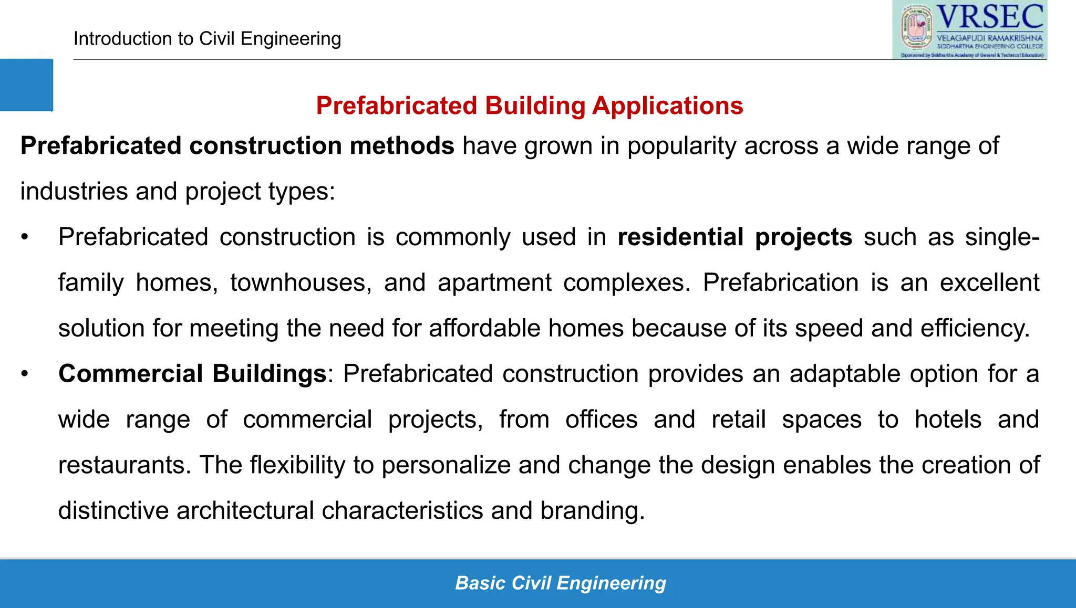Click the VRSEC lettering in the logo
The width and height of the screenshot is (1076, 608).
pyautogui.click(x=990, y=17)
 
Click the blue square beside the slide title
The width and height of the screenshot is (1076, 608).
pyautogui.click(x=26, y=85)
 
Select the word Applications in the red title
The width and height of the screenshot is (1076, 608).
pyautogui.click(x=667, y=106)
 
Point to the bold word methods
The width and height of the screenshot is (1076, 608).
pyautogui.click(x=402, y=146)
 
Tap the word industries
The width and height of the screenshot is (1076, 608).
pyautogui.click(x=74, y=191)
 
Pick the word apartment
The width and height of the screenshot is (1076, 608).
pyautogui.click(x=494, y=282)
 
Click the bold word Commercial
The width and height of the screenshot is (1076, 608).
pyautogui.click(x=131, y=374)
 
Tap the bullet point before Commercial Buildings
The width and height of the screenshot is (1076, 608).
pyautogui.click(x=24, y=374)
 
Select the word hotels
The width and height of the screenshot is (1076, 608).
pyautogui.click(x=948, y=420)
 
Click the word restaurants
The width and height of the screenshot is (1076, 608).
pyautogui.click(x=125, y=465)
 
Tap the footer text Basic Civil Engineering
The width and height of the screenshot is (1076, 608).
pyautogui.click(x=561, y=583)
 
